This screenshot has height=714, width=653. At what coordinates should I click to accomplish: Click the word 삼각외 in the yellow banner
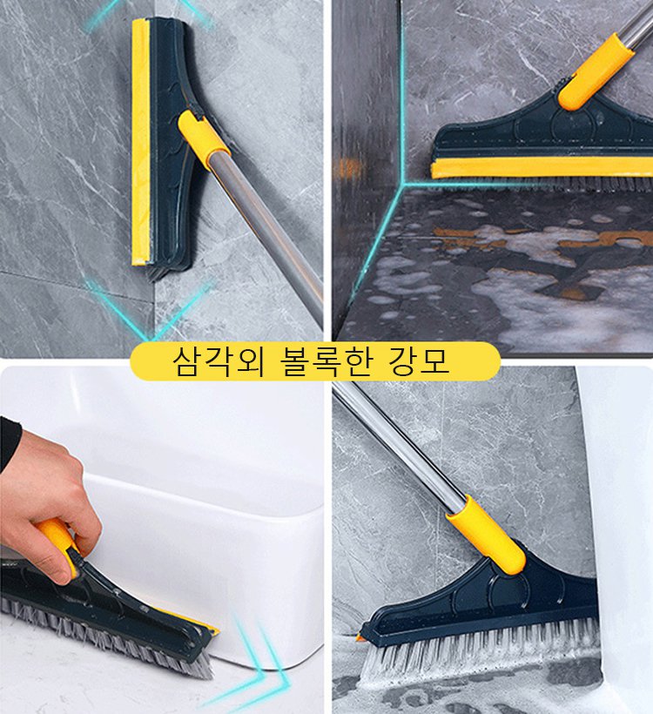pyautogui.click(x=203, y=360)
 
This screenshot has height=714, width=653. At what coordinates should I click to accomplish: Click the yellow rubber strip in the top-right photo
pyautogui.click(x=540, y=167)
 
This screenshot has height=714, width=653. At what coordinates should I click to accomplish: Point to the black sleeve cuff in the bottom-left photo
pyautogui.click(x=9, y=444)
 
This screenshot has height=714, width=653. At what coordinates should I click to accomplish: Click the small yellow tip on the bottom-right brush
pyautogui.click(x=360, y=638)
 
